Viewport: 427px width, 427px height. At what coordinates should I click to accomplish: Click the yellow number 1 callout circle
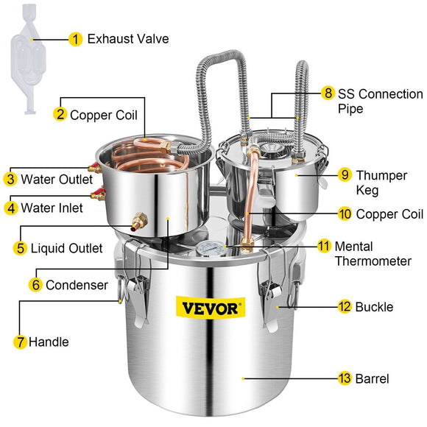[x=75, y=38]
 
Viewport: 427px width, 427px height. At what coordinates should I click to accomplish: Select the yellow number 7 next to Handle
[x=21, y=342]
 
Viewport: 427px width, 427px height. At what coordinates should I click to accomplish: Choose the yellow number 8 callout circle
[x=328, y=93]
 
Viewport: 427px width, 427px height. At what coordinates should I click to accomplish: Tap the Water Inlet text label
[x=52, y=208]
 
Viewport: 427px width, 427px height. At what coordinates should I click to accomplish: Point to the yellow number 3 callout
[x=10, y=179]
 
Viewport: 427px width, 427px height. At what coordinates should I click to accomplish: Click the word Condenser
[x=77, y=284]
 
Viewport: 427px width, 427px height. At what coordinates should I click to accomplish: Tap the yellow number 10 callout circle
[x=345, y=214]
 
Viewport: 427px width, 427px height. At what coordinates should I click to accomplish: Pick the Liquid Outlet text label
[x=66, y=248]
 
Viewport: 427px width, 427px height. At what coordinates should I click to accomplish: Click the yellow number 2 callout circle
[x=60, y=114]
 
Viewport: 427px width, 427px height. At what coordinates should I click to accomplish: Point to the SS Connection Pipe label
[x=379, y=101]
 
